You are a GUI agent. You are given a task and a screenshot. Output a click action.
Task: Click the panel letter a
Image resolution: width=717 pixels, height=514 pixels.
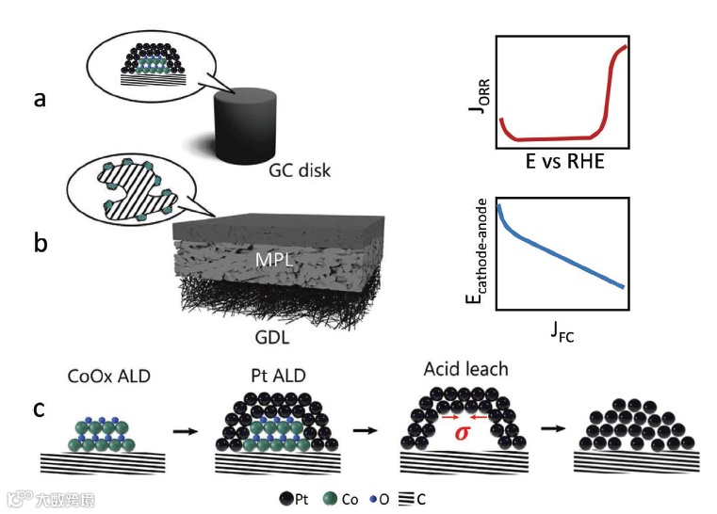click(x=41, y=99)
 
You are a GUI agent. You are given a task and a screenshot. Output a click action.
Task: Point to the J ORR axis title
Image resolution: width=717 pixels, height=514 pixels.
click(x=479, y=94)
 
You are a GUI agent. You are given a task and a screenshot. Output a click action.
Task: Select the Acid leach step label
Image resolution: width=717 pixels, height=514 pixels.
click(x=466, y=369)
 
